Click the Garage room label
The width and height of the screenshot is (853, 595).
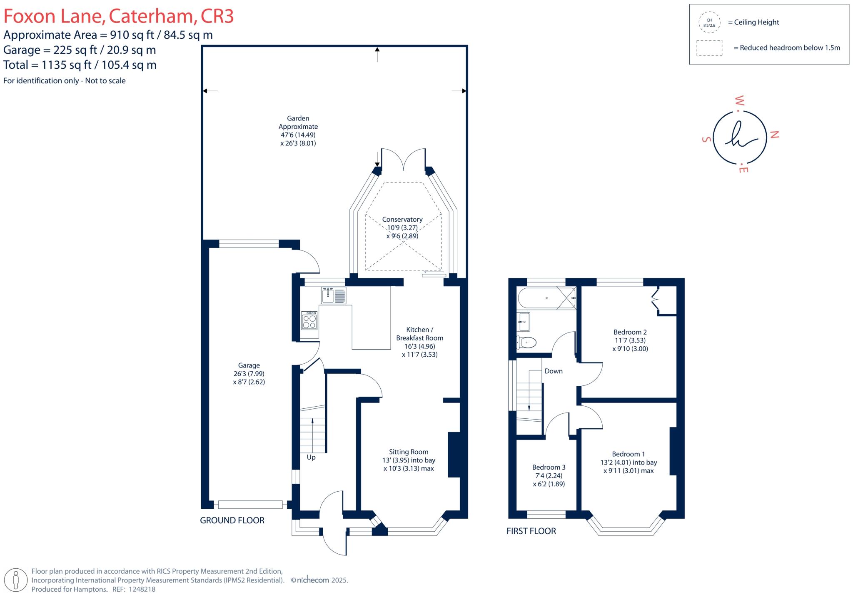[x=249, y=365]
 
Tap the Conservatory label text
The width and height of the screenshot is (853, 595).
[x=402, y=220]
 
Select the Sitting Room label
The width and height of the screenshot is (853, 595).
[x=408, y=452]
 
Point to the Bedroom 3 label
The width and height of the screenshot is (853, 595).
[x=549, y=467]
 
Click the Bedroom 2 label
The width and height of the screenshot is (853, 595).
[x=630, y=332]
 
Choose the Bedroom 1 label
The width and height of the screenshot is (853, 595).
[x=628, y=454]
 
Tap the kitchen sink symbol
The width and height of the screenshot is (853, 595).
[x=334, y=295]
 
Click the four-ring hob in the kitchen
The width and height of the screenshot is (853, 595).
[x=309, y=320]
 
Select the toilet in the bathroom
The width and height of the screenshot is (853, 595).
[x=526, y=342]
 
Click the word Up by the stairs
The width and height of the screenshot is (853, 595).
[x=311, y=457]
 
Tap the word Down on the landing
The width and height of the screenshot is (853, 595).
[x=554, y=371]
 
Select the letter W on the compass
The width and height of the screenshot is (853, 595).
[x=739, y=100]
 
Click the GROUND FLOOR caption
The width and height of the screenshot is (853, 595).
[x=232, y=520]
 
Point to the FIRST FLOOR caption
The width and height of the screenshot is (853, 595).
[x=531, y=531]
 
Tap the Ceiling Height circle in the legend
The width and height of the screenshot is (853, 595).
[x=709, y=22]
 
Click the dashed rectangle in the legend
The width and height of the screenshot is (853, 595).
[x=709, y=48]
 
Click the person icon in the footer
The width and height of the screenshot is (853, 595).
[x=16, y=580]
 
